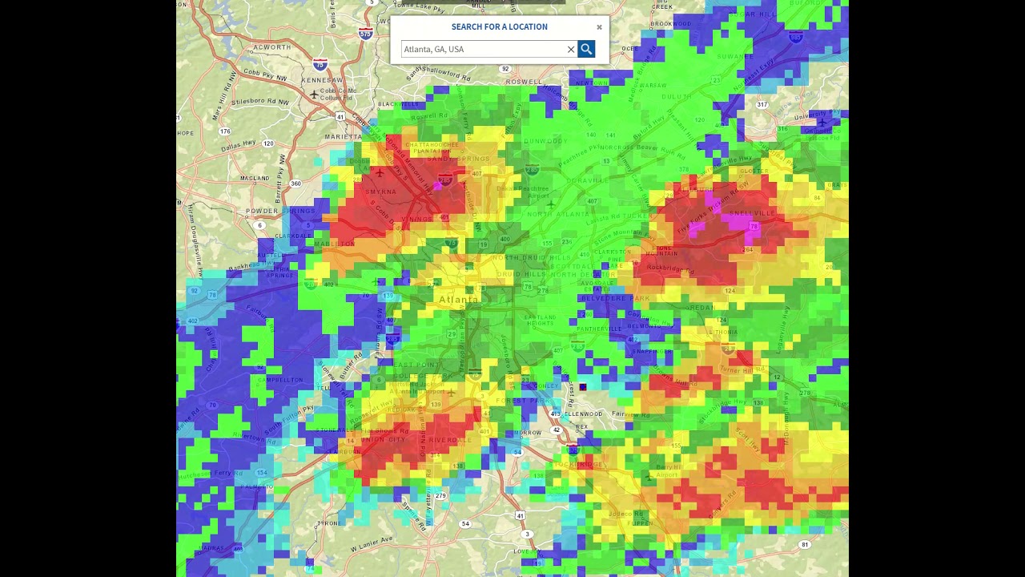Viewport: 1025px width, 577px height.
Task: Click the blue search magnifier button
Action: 586,49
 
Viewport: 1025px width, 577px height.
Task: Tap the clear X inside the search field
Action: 571,50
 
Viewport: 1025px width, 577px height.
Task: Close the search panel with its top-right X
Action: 599,27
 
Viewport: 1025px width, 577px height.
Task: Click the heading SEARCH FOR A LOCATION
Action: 499,26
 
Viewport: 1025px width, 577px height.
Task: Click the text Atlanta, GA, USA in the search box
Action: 434,49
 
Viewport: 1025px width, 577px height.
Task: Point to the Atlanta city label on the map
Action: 458,300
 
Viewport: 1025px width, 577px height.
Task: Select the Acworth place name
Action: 272,47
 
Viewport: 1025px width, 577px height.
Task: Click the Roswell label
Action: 524,82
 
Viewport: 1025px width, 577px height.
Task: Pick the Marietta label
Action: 344,137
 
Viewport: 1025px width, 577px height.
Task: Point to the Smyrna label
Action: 380,192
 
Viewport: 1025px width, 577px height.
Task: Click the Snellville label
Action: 752,213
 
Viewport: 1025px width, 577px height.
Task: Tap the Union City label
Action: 384,439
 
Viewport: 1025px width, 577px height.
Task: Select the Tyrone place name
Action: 328,523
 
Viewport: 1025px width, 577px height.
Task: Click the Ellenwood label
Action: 583,414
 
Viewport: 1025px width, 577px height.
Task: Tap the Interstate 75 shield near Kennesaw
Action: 320,65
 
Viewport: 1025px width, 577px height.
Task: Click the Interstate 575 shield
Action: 365,34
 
